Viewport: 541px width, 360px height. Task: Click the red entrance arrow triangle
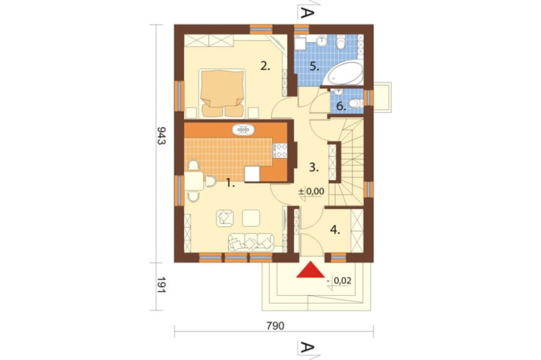(311, 270)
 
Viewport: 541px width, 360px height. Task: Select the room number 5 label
(314, 66)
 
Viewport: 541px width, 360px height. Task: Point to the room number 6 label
(341, 106)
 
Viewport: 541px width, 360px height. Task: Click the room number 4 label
(335, 230)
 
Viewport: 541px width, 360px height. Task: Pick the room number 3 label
(313, 168)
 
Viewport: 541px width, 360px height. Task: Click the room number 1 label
(230, 183)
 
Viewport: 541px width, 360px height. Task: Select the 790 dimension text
(275, 326)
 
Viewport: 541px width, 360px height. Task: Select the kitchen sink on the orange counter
(243, 130)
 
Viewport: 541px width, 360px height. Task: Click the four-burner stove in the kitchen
(280, 151)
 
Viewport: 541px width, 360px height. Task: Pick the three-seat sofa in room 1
(251, 242)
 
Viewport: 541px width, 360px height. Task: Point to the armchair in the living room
(225, 218)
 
